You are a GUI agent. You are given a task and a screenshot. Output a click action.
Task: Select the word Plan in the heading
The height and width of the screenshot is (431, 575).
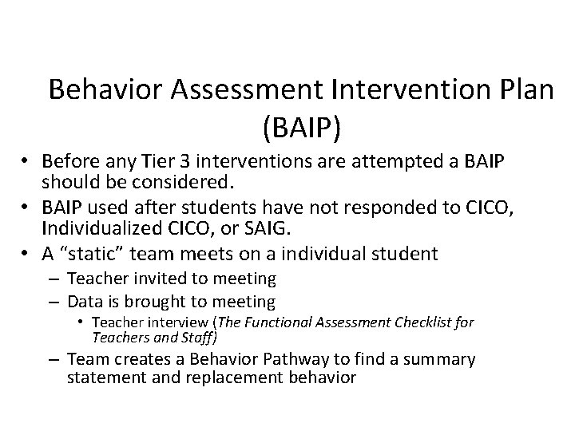point(520,89)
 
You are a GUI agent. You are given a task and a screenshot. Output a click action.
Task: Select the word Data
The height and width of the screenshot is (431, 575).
point(85,302)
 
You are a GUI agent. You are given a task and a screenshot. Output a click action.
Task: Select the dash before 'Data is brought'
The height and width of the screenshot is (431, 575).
point(55,302)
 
